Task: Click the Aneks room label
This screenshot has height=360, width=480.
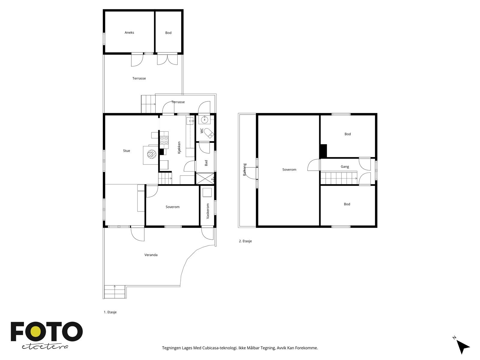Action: (x=129, y=33)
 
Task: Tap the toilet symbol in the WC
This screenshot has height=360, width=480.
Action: (x=208, y=133)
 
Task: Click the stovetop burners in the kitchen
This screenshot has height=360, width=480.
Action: (x=164, y=140)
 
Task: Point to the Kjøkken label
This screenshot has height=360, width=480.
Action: (x=179, y=148)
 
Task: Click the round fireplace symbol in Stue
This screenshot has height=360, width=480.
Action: (x=152, y=154)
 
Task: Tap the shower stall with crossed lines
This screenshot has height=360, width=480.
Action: (x=205, y=178)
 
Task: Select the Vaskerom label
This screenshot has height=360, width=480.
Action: (x=208, y=211)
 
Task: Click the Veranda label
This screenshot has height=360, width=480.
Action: (x=151, y=255)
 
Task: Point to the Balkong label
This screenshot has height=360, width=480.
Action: (x=245, y=169)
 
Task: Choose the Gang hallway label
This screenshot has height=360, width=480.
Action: (x=345, y=167)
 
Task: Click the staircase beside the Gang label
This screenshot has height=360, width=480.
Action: (x=339, y=178)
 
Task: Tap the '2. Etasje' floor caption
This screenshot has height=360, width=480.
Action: (x=245, y=241)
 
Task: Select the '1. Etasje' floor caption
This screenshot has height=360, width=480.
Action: (x=110, y=312)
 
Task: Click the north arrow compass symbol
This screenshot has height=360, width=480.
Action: (x=462, y=347)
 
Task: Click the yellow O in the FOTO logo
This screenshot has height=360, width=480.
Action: (x=35, y=331)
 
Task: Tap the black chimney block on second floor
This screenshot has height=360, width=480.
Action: (x=323, y=151)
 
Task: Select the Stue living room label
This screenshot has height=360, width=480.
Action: (x=126, y=151)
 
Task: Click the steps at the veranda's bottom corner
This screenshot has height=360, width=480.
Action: (x=115, y=292)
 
